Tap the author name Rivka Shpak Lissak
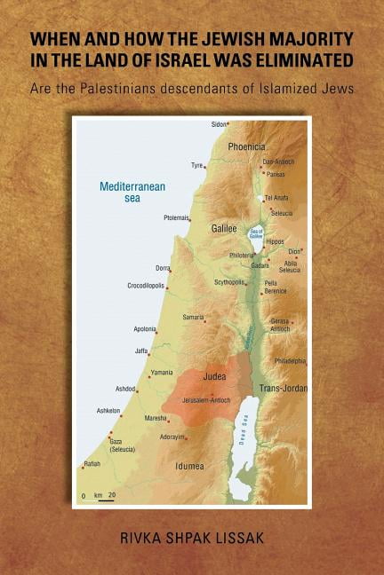[x=191, y=538]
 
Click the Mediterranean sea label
[x=132, y=193]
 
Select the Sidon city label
[x=218, y=125]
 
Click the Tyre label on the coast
[x=196, y=165]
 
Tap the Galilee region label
[x=224, y=228]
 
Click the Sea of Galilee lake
[x=256, y=233]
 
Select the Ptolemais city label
[x=177, y=217]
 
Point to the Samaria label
[x=193, y=317]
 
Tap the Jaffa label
[x=141, y=351]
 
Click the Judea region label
[x=215, y=376]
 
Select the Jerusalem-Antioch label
[x=206, y=400]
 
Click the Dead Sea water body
[x=244, y=444]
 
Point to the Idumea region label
[x=188, y=466]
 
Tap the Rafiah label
[x=92, y=463]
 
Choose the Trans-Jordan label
[x=282, y=389]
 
